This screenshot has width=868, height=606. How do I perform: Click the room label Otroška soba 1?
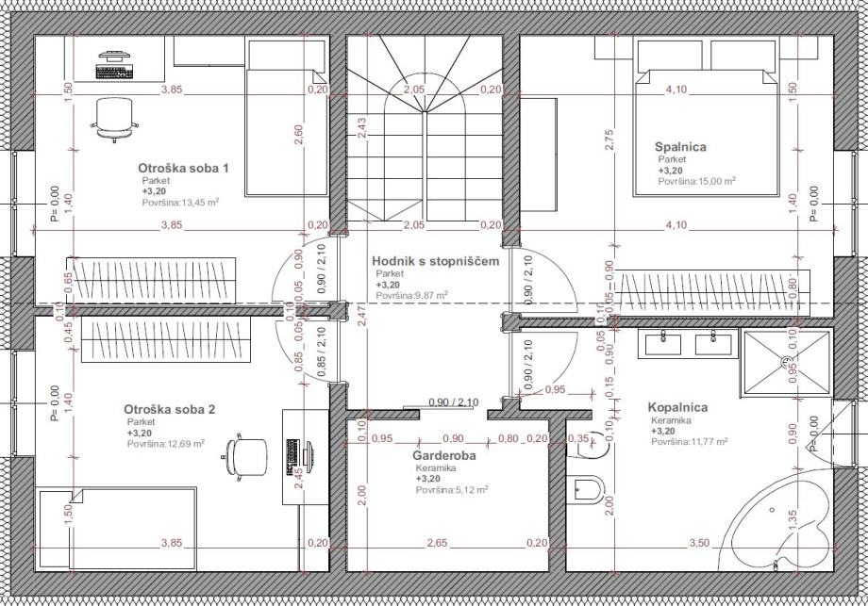coord(183,168)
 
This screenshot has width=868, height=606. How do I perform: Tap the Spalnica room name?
coord(680,147)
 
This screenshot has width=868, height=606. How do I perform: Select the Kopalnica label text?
coord(677,407)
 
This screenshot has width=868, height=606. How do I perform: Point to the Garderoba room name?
coord(444,455)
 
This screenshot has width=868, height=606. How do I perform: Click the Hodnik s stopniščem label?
coord(436,261)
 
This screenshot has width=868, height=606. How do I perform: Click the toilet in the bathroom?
coord(588,489)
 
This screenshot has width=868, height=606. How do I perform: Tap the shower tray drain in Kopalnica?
coord(787,362)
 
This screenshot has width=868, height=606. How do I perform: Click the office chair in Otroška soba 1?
coord(114,120)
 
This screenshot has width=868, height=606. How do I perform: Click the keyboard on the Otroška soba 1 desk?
coord(114,72)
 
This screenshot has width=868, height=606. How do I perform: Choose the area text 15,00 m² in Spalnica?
coord(697,181)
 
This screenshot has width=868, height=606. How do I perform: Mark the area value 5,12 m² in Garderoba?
coord(452,490)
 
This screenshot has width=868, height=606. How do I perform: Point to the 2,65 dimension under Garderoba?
coord(438,543)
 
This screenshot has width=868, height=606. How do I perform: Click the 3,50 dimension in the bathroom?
coord(699,543)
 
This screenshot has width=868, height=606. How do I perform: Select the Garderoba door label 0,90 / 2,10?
coord(454,402)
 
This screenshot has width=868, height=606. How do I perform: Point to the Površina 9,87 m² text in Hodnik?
coord(412,296)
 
